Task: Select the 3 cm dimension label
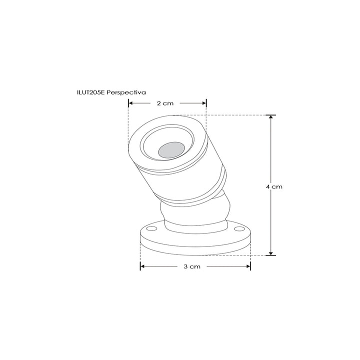point(192,267)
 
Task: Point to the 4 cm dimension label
point(274,186)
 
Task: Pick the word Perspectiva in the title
point(127,92)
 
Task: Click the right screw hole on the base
point(241,229)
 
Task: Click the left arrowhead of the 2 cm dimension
point(131,103)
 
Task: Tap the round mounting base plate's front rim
point(195,250)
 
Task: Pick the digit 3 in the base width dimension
point(186,267)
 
